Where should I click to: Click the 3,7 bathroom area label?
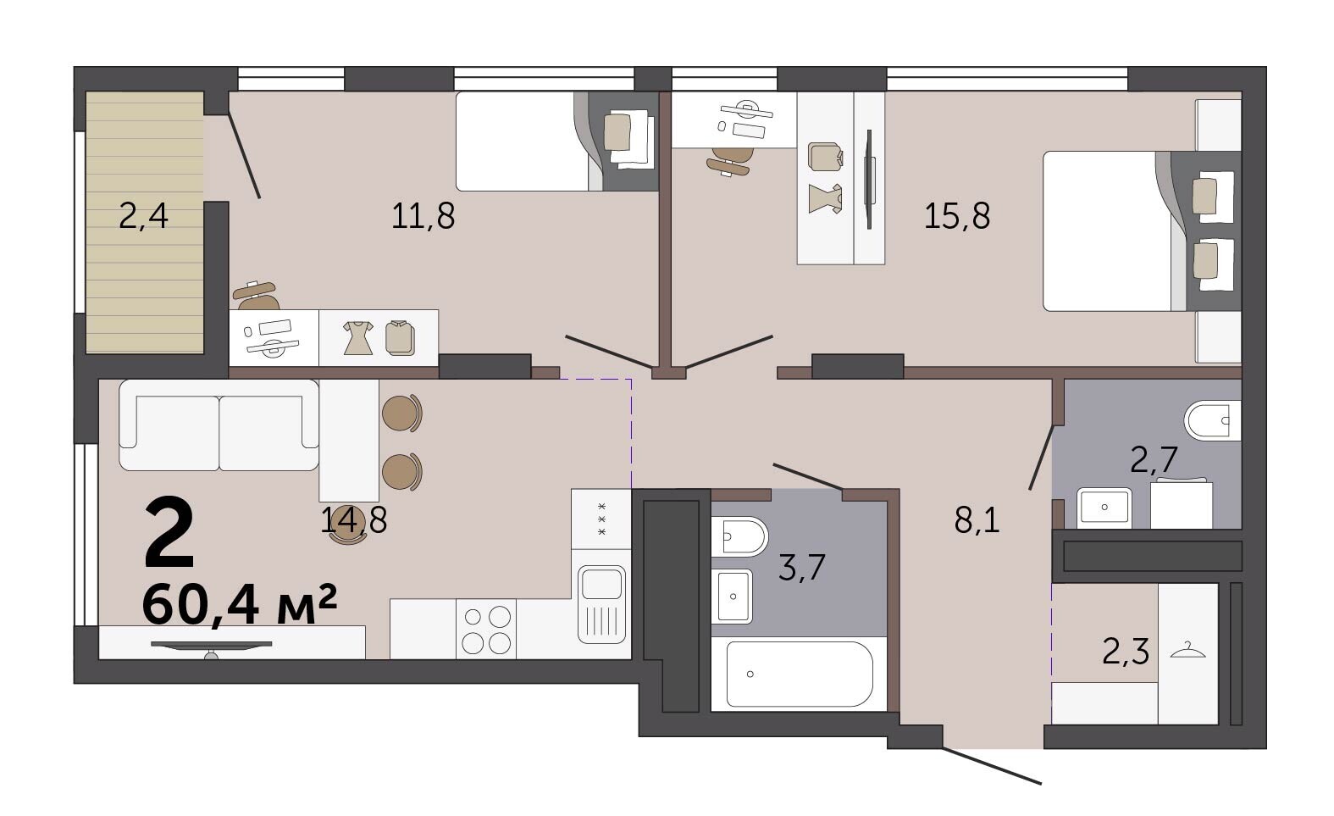(x=801, y=567)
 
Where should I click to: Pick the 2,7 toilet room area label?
(x=1154, y=460)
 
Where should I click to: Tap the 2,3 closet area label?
(x=1126, y=651)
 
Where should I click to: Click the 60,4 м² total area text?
(x=240, y=603)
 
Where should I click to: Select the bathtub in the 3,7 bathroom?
(x=800, y=674)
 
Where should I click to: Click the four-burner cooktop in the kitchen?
(x=486, y=630)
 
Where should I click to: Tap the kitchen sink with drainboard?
(x=602, y=604)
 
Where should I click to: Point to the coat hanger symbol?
(x=1187, y=650)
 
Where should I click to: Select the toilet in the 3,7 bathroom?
(x=739, y=536)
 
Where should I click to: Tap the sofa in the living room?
(x=219, y=425)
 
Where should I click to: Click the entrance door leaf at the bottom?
(x=992, y=765)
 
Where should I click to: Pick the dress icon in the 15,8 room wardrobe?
(x=826, y=198)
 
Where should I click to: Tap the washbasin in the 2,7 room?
(x=1104, y=508)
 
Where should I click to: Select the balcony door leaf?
(x=245, y=155)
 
